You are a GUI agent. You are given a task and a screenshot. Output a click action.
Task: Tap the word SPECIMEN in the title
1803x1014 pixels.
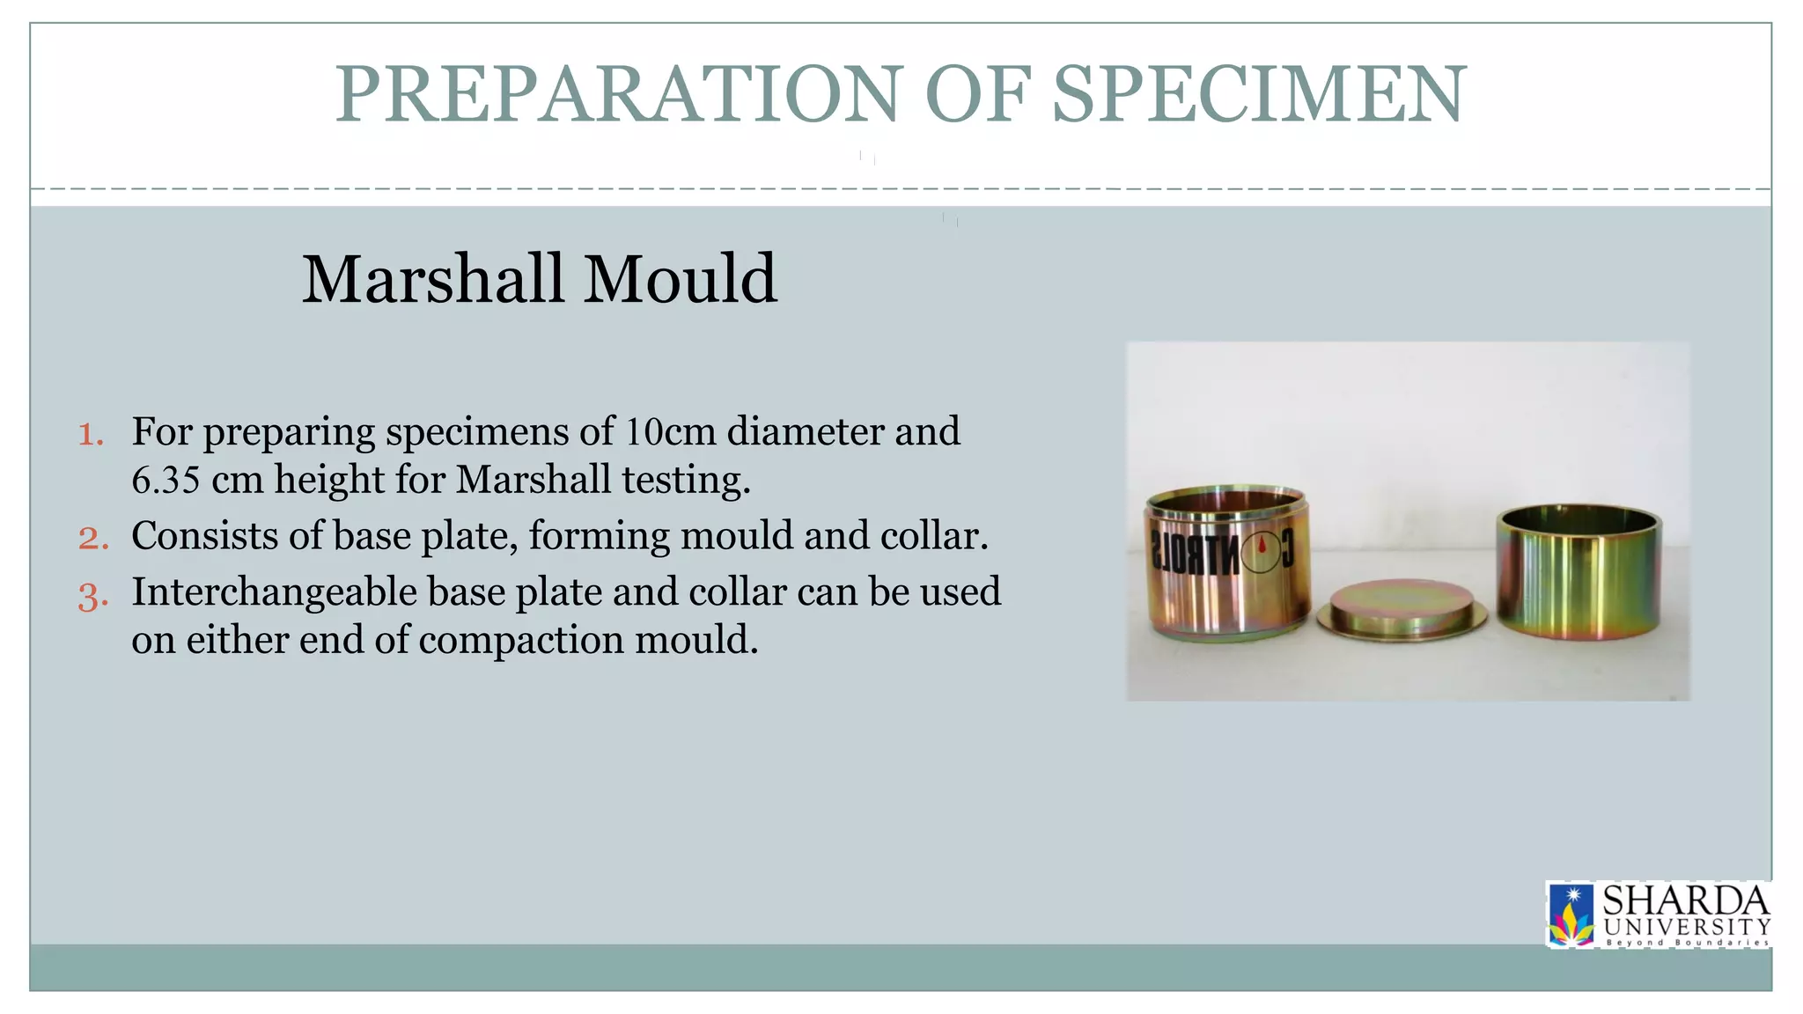click(1259, 94)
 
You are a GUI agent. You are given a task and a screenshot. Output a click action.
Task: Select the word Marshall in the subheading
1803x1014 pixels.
click(432, 279)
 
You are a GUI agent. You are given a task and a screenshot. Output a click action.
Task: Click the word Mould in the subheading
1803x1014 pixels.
click(681, 279)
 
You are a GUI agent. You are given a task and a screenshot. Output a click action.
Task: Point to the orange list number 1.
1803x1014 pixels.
click(91, 434)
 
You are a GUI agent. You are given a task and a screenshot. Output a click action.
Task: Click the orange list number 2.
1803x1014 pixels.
click(92, 538)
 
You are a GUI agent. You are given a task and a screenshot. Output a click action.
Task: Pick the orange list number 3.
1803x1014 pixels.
click(92, 596)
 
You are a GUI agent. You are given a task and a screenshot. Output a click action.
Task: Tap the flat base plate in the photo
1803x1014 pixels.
click(1401, 609)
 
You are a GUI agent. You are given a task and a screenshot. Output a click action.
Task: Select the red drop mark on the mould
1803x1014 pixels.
click(1262, 546)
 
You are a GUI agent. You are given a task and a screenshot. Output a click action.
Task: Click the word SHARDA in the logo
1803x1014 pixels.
click(1685, 901)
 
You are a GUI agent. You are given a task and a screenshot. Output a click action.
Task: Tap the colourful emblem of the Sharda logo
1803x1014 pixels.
click(1571, 916)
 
